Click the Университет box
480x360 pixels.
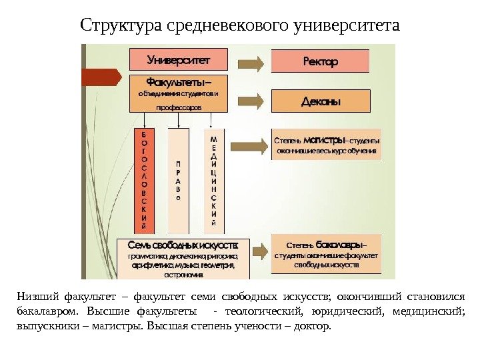tap(178, 59)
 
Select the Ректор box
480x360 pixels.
tap(321, 61)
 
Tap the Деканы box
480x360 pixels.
tap(321, 102)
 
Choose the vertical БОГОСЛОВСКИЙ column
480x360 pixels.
tap(145, 177)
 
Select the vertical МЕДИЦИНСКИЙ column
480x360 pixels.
tap(213, 177)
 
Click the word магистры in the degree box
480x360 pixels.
tap(325, 141)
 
